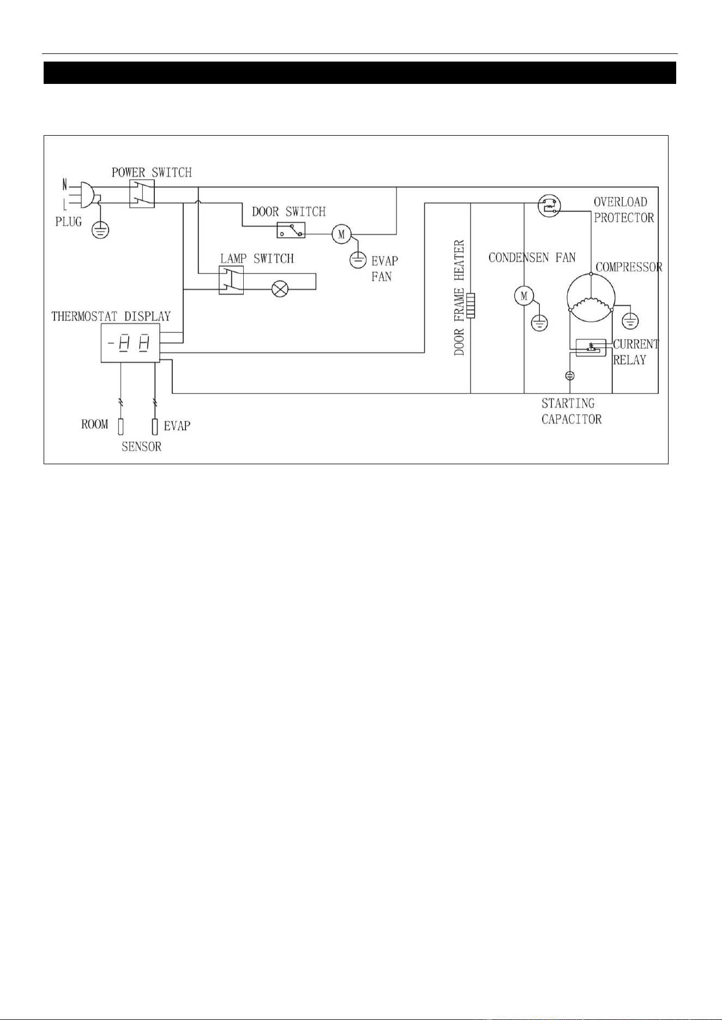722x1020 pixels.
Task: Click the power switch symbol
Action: [142, 194]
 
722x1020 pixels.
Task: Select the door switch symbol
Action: [291, 230]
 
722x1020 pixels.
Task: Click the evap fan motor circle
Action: [342, 234]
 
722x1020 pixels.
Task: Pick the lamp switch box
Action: [231, 281]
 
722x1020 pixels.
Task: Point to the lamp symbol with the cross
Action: [280, 289]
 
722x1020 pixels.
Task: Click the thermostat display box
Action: [130, 343]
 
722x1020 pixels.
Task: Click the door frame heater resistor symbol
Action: [470, 305]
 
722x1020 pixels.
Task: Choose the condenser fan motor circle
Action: [524, 296]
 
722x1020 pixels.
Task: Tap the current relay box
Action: [591, 348]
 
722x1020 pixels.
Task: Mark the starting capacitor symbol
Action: [570, 375]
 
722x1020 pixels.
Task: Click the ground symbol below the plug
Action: [99, 230]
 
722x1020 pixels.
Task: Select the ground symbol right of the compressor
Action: [630, 321]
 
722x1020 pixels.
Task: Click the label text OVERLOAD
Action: [621, 202]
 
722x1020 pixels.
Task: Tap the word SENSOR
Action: [142, 447]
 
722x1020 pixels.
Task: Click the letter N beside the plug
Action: [65, 185]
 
